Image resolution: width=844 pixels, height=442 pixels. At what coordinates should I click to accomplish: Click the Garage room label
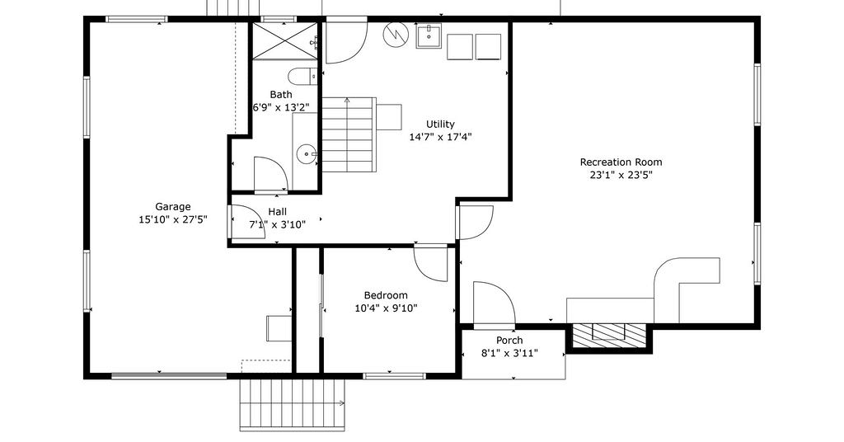[x=173, y=207]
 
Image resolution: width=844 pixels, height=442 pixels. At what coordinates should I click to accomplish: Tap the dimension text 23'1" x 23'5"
[x=621, y=175]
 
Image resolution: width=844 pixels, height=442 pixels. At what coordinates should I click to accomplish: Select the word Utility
[x=440, y=125]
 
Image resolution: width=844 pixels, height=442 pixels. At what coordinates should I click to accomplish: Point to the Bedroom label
[x=386, y=295]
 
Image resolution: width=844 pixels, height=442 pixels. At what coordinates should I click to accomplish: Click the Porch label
[x=509, y=341]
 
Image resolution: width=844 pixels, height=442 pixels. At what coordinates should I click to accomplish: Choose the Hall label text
[x=277, y=212]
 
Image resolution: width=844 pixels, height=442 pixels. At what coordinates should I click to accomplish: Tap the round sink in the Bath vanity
[x=307, y=154]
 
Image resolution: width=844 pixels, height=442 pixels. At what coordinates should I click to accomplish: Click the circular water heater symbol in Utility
[x=396, y=35]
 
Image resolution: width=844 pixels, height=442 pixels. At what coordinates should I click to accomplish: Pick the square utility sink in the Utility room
[x=429, y=36]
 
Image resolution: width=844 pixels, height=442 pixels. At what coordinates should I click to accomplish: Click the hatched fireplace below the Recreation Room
[x=609, y=335]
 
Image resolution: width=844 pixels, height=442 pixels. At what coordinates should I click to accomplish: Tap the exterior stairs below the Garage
[x=293, y=404]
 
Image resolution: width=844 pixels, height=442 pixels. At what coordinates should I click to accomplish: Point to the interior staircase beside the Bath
[x=349, y=134]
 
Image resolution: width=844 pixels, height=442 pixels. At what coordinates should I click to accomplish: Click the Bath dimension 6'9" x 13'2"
[x=281, y=108]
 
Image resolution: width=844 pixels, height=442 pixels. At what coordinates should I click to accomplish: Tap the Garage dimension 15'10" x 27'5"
[x=173, y=219]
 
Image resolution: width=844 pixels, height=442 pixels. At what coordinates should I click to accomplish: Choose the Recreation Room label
[x=621, y=162]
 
